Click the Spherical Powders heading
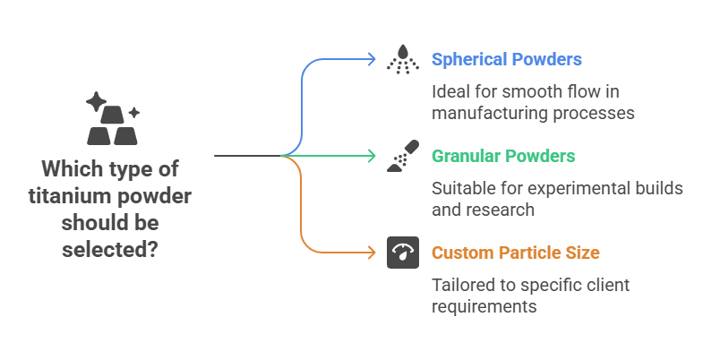coord(507,60)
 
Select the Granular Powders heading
coord(503,156)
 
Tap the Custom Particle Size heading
coord(516,253)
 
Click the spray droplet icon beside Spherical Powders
coord(402,60)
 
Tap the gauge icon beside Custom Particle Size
coord(402,253)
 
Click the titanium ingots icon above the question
coord(112,120)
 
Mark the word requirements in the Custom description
coord(484,306)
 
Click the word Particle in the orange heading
coord(528,253)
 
